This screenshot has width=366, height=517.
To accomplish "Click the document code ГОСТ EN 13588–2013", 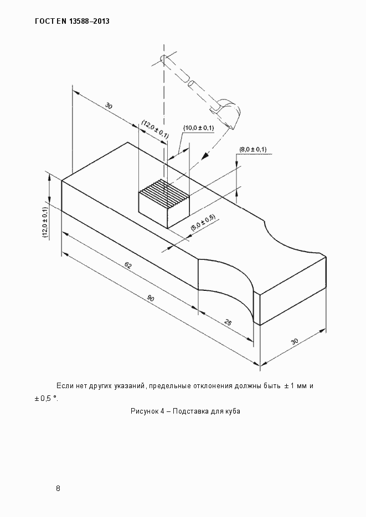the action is click(72, 22).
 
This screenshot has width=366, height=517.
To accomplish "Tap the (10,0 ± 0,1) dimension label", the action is click(198, 128).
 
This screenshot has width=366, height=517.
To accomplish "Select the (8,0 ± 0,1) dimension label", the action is click(253, 149).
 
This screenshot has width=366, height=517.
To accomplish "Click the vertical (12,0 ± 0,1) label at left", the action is click(45, 222).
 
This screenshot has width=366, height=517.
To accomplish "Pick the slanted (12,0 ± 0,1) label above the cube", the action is click(155, 129).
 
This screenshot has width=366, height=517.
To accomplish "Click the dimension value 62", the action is click(128, 265).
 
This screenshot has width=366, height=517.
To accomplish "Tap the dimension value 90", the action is click(151, 299).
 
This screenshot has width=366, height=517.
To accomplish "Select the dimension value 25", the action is click(228, 322).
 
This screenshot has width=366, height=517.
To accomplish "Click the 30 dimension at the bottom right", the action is click(295, 341).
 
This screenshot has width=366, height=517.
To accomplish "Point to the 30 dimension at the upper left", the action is click(109, 106).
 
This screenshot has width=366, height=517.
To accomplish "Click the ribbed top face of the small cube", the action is click(164, 192).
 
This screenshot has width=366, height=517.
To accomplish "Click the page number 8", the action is click(58, 488).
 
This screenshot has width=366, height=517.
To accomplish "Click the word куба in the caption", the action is click(233, 411).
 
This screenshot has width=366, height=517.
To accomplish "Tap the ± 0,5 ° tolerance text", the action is click(46, 399).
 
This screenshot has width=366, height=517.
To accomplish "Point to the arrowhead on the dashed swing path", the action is click(205, 155).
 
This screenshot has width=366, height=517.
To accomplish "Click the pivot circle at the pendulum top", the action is click(163, 58).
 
